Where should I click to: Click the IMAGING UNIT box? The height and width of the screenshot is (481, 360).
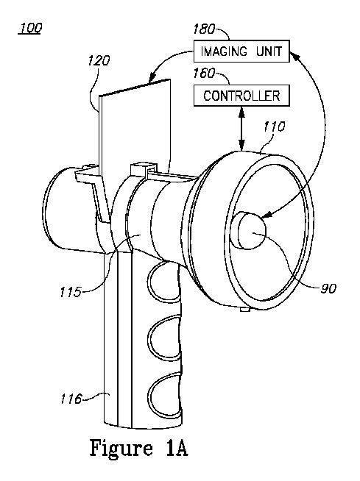point(241,51)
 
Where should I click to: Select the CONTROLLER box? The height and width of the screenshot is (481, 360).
point(241,96)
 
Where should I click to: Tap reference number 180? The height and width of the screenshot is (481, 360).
point(204,29)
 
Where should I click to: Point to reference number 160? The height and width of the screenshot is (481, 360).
point(204,74)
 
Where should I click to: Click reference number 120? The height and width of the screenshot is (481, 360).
point(99,60)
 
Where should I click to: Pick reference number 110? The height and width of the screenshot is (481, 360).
point(275,127)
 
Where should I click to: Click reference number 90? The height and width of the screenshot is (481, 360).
point(328,288)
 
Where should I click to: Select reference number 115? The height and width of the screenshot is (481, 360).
point(71,292)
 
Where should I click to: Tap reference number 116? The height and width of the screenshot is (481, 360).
point(71,399)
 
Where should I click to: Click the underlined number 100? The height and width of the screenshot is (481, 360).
point(30,28)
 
